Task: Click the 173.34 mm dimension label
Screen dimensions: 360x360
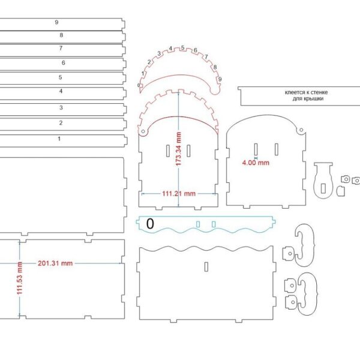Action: point(178,149)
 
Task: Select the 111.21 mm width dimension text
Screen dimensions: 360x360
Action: point(179,194)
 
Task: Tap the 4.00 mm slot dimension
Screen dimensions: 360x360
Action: point(256,163)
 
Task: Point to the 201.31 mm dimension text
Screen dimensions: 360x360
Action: point(55,263)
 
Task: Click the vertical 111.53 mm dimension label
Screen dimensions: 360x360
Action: point(20,278)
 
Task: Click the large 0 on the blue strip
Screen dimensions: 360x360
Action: point(150,224)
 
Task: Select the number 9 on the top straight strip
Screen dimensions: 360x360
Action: point(57,22)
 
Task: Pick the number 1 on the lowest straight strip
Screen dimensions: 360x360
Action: point(59,139)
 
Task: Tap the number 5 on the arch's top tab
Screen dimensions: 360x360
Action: point(182,48)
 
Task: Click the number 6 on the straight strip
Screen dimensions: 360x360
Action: point(64,62)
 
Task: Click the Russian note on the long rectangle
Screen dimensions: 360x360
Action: point(306,95)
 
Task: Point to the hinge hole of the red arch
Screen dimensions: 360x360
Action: point(143,131)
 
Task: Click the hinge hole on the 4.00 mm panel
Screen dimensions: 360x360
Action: point(301,130)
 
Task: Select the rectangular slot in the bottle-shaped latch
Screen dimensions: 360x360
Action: point(323,188)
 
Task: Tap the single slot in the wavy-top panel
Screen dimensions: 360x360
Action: point(206,266)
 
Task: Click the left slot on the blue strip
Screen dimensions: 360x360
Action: point(198,224)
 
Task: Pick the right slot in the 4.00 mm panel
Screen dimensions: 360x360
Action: point(277,149)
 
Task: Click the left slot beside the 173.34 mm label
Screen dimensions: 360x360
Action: point(168,151)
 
